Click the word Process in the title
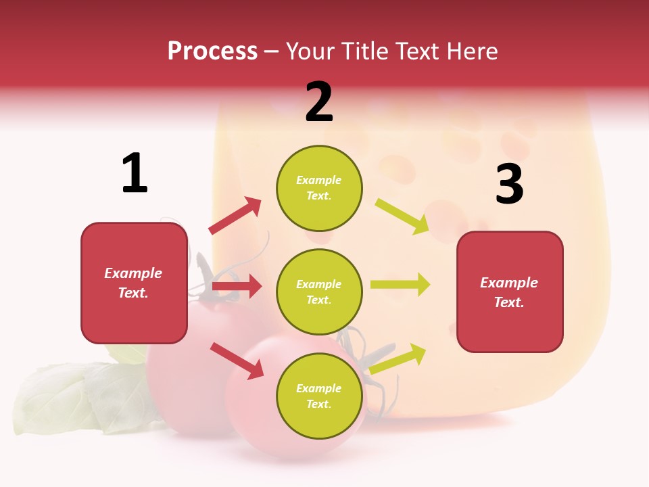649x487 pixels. [212, 51]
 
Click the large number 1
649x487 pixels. [135, 174]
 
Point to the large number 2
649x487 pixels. [319, 102]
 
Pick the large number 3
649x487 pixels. [509, 184]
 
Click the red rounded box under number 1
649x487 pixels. [134, 283]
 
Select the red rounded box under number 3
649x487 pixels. [510, 292]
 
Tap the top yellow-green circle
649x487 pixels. [319, 188]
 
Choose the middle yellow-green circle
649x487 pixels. [319, 292]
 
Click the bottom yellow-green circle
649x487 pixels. [319, 396]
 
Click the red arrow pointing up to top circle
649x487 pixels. [235, 216]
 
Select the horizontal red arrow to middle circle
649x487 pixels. [237, 286]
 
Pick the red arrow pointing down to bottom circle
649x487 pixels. [237, 361]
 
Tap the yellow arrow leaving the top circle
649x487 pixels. [402, 216]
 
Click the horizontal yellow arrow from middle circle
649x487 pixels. [400, 285]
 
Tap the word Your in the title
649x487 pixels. [309, 51]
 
